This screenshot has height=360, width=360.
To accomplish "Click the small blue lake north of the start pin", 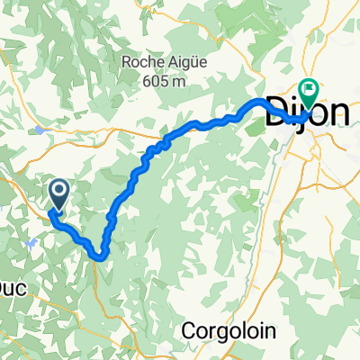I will click(x=43, y=130).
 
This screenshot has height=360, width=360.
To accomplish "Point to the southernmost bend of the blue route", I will click(x=100, y=257).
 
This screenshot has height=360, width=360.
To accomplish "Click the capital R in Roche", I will click(x=125, y=62).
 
